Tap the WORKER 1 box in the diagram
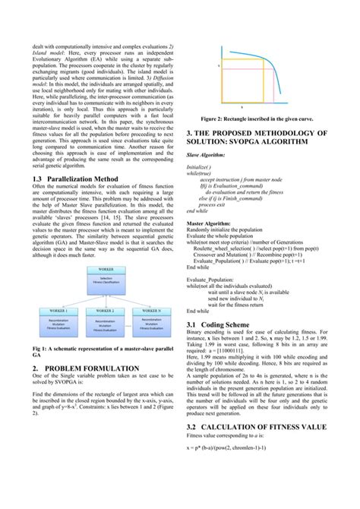pos(58,323)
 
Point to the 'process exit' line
pos(216,205)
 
